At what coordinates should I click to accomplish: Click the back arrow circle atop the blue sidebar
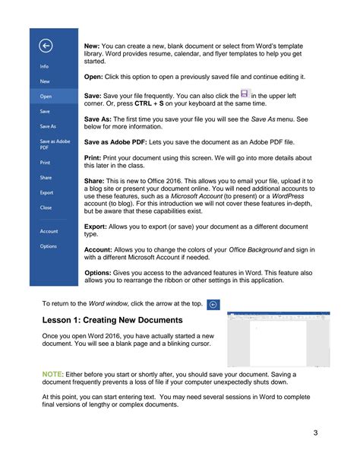coord(45,46)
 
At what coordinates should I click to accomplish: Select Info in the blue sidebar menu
coord(45,67)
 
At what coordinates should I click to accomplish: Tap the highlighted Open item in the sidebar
coord(46,97)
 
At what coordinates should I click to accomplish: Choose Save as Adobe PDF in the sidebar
coord(51,144)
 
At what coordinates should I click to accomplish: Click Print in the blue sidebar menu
coord(45,163)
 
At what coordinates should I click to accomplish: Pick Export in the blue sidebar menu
coord(46,192)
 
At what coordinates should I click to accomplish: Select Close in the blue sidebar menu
coord(46,207)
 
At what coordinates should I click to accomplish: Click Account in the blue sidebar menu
coord(48,231)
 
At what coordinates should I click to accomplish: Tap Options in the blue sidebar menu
coord(48,246)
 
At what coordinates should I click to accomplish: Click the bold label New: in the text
coord(93,47)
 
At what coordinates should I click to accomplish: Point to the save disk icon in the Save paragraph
coord(245,93)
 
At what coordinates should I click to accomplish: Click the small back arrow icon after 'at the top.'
coord(213,303)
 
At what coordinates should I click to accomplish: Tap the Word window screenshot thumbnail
coord(278,338)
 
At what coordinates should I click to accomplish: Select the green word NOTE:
coord(53,374)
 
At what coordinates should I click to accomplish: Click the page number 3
coord(314,433)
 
